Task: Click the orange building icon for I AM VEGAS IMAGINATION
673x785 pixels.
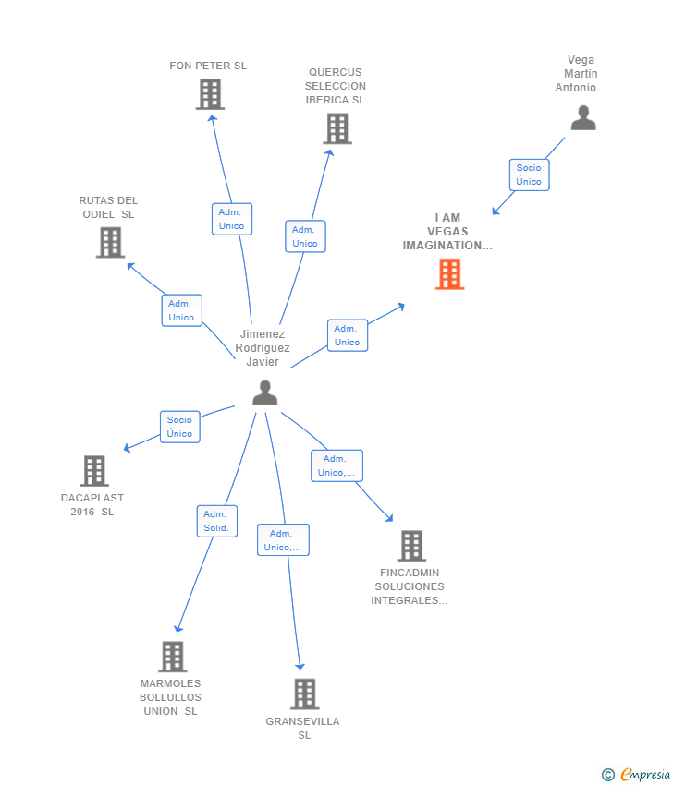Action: [449, 274]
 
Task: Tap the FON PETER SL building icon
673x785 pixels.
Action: [210, 94]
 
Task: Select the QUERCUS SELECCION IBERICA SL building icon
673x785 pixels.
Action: [337, 128]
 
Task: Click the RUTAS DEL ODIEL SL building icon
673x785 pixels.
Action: [110, 242]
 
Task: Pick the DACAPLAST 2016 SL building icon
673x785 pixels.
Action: [94, 470]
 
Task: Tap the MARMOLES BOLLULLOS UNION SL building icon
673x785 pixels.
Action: [172, 657]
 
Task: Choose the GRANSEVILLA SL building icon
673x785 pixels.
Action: [304, 694]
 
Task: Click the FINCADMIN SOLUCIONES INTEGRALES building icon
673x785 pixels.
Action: [411, 546]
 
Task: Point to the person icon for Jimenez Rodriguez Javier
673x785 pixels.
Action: [265, 392]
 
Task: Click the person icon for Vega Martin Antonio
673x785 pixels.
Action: [583, 118]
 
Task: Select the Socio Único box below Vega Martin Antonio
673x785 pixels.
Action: [529, 175]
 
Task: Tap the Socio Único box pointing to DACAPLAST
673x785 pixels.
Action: [179, 427]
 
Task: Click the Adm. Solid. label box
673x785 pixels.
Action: [216, 521]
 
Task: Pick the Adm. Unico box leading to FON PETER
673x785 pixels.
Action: [231, 219]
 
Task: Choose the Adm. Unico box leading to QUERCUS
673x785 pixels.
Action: [305, 236]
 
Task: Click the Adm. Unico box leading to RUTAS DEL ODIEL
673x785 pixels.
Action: [181, 310]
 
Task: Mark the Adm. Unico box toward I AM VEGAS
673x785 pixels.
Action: [347, 335]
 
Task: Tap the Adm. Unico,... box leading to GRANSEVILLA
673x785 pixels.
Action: [283, 540]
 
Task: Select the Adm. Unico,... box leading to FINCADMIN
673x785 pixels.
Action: [336, 465]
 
